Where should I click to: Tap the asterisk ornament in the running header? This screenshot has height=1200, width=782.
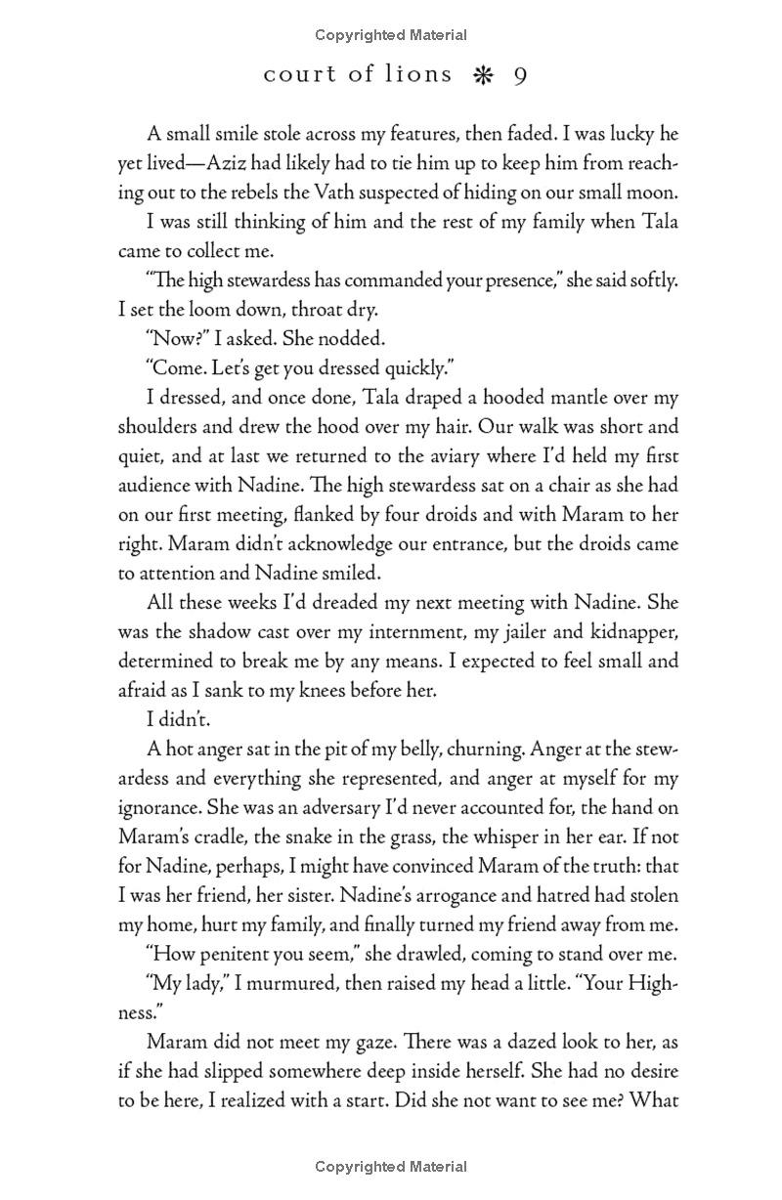tap(481, 76)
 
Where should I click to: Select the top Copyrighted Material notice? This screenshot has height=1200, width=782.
tap(391, 35)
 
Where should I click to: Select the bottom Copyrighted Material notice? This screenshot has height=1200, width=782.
tap(391, 1167)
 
